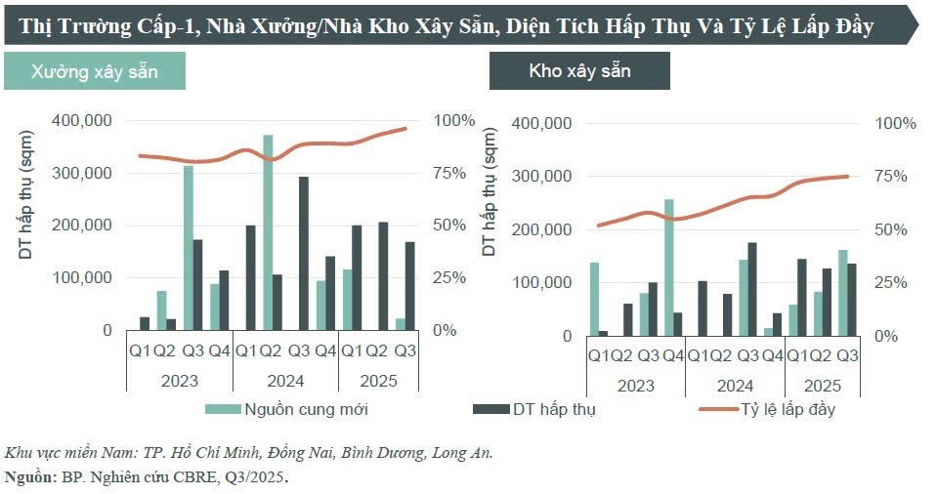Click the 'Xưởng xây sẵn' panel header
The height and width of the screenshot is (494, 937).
[94, 72]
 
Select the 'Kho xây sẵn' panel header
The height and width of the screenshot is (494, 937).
[579, 71]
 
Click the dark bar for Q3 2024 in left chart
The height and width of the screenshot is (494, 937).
[304, 254]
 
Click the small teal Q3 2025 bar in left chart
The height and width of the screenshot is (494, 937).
[400, 324]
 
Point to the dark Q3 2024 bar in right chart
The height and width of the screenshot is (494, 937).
[752, 289]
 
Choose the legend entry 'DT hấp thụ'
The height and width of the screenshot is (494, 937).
[553, 409]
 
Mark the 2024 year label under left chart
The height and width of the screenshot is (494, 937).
[284, 381]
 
